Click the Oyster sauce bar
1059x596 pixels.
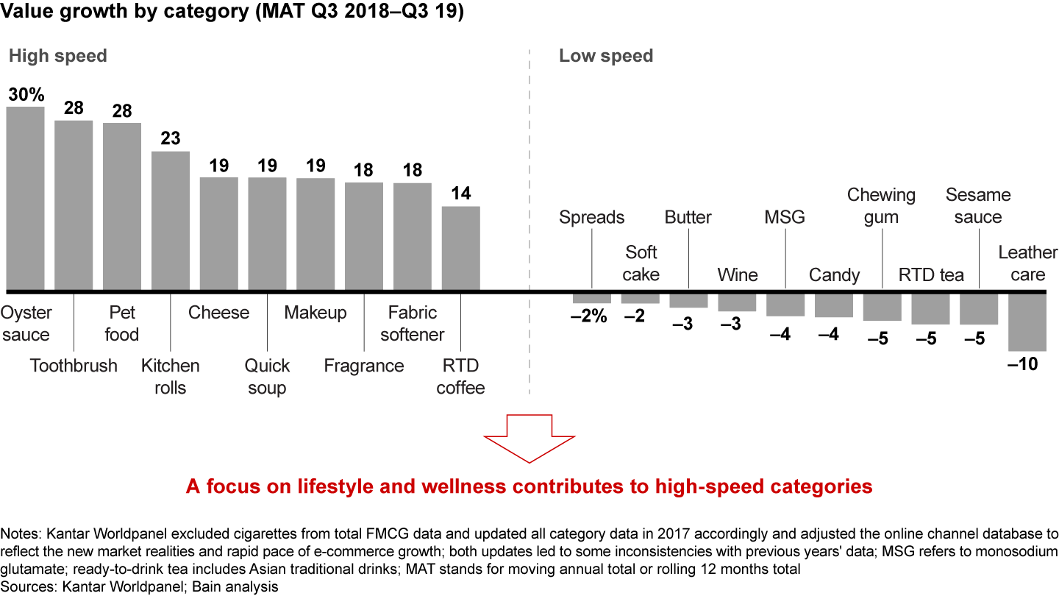click(x=25, y=199)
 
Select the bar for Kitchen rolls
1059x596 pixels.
click(x=171, y=221)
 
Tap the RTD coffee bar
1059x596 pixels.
click(x=461, y=248)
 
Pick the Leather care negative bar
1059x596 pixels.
click(x=1027, y=322)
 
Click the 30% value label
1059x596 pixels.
click(x=26, y=94)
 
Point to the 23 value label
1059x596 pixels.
click(x=171, y=138)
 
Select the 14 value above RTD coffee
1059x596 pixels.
click(x=461, y=194)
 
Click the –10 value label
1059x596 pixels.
click(x=1022, y=364)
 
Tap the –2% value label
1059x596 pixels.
click(x=588, y=317)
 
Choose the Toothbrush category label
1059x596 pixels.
click(x=74, y=366)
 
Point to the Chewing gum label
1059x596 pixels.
click(x=881, y=206)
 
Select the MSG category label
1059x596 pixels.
click(x=785, y=217)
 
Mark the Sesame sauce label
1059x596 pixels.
click(x=978, y=206)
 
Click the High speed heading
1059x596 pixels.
click(x=57, y=56)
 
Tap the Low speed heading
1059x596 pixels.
click(x=606, y=56)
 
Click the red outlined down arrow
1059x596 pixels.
click(x=529, y=439)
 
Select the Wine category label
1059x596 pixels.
click(x=738, y=275)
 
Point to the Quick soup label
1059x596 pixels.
click(x=267, y=377)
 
